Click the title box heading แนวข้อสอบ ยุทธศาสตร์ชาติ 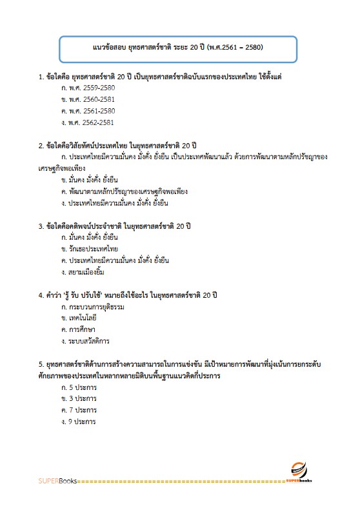(x=177, y=48)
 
